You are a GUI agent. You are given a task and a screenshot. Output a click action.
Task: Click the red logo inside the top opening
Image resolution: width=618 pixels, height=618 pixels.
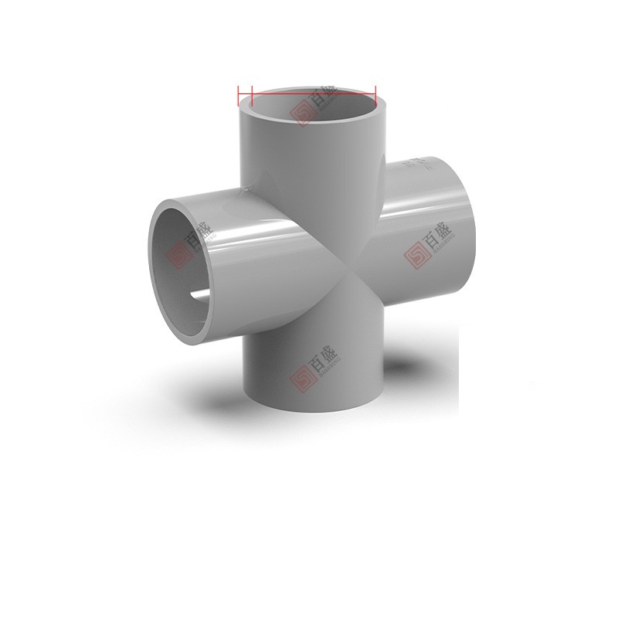coord(301,114)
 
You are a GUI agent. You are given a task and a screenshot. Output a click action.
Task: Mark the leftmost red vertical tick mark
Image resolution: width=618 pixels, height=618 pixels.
coord(239,97)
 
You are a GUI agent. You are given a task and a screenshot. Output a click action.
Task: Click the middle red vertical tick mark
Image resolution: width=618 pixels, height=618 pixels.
coord(253,97)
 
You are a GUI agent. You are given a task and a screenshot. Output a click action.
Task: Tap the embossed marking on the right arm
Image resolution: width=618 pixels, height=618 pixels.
coord(422,164)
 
